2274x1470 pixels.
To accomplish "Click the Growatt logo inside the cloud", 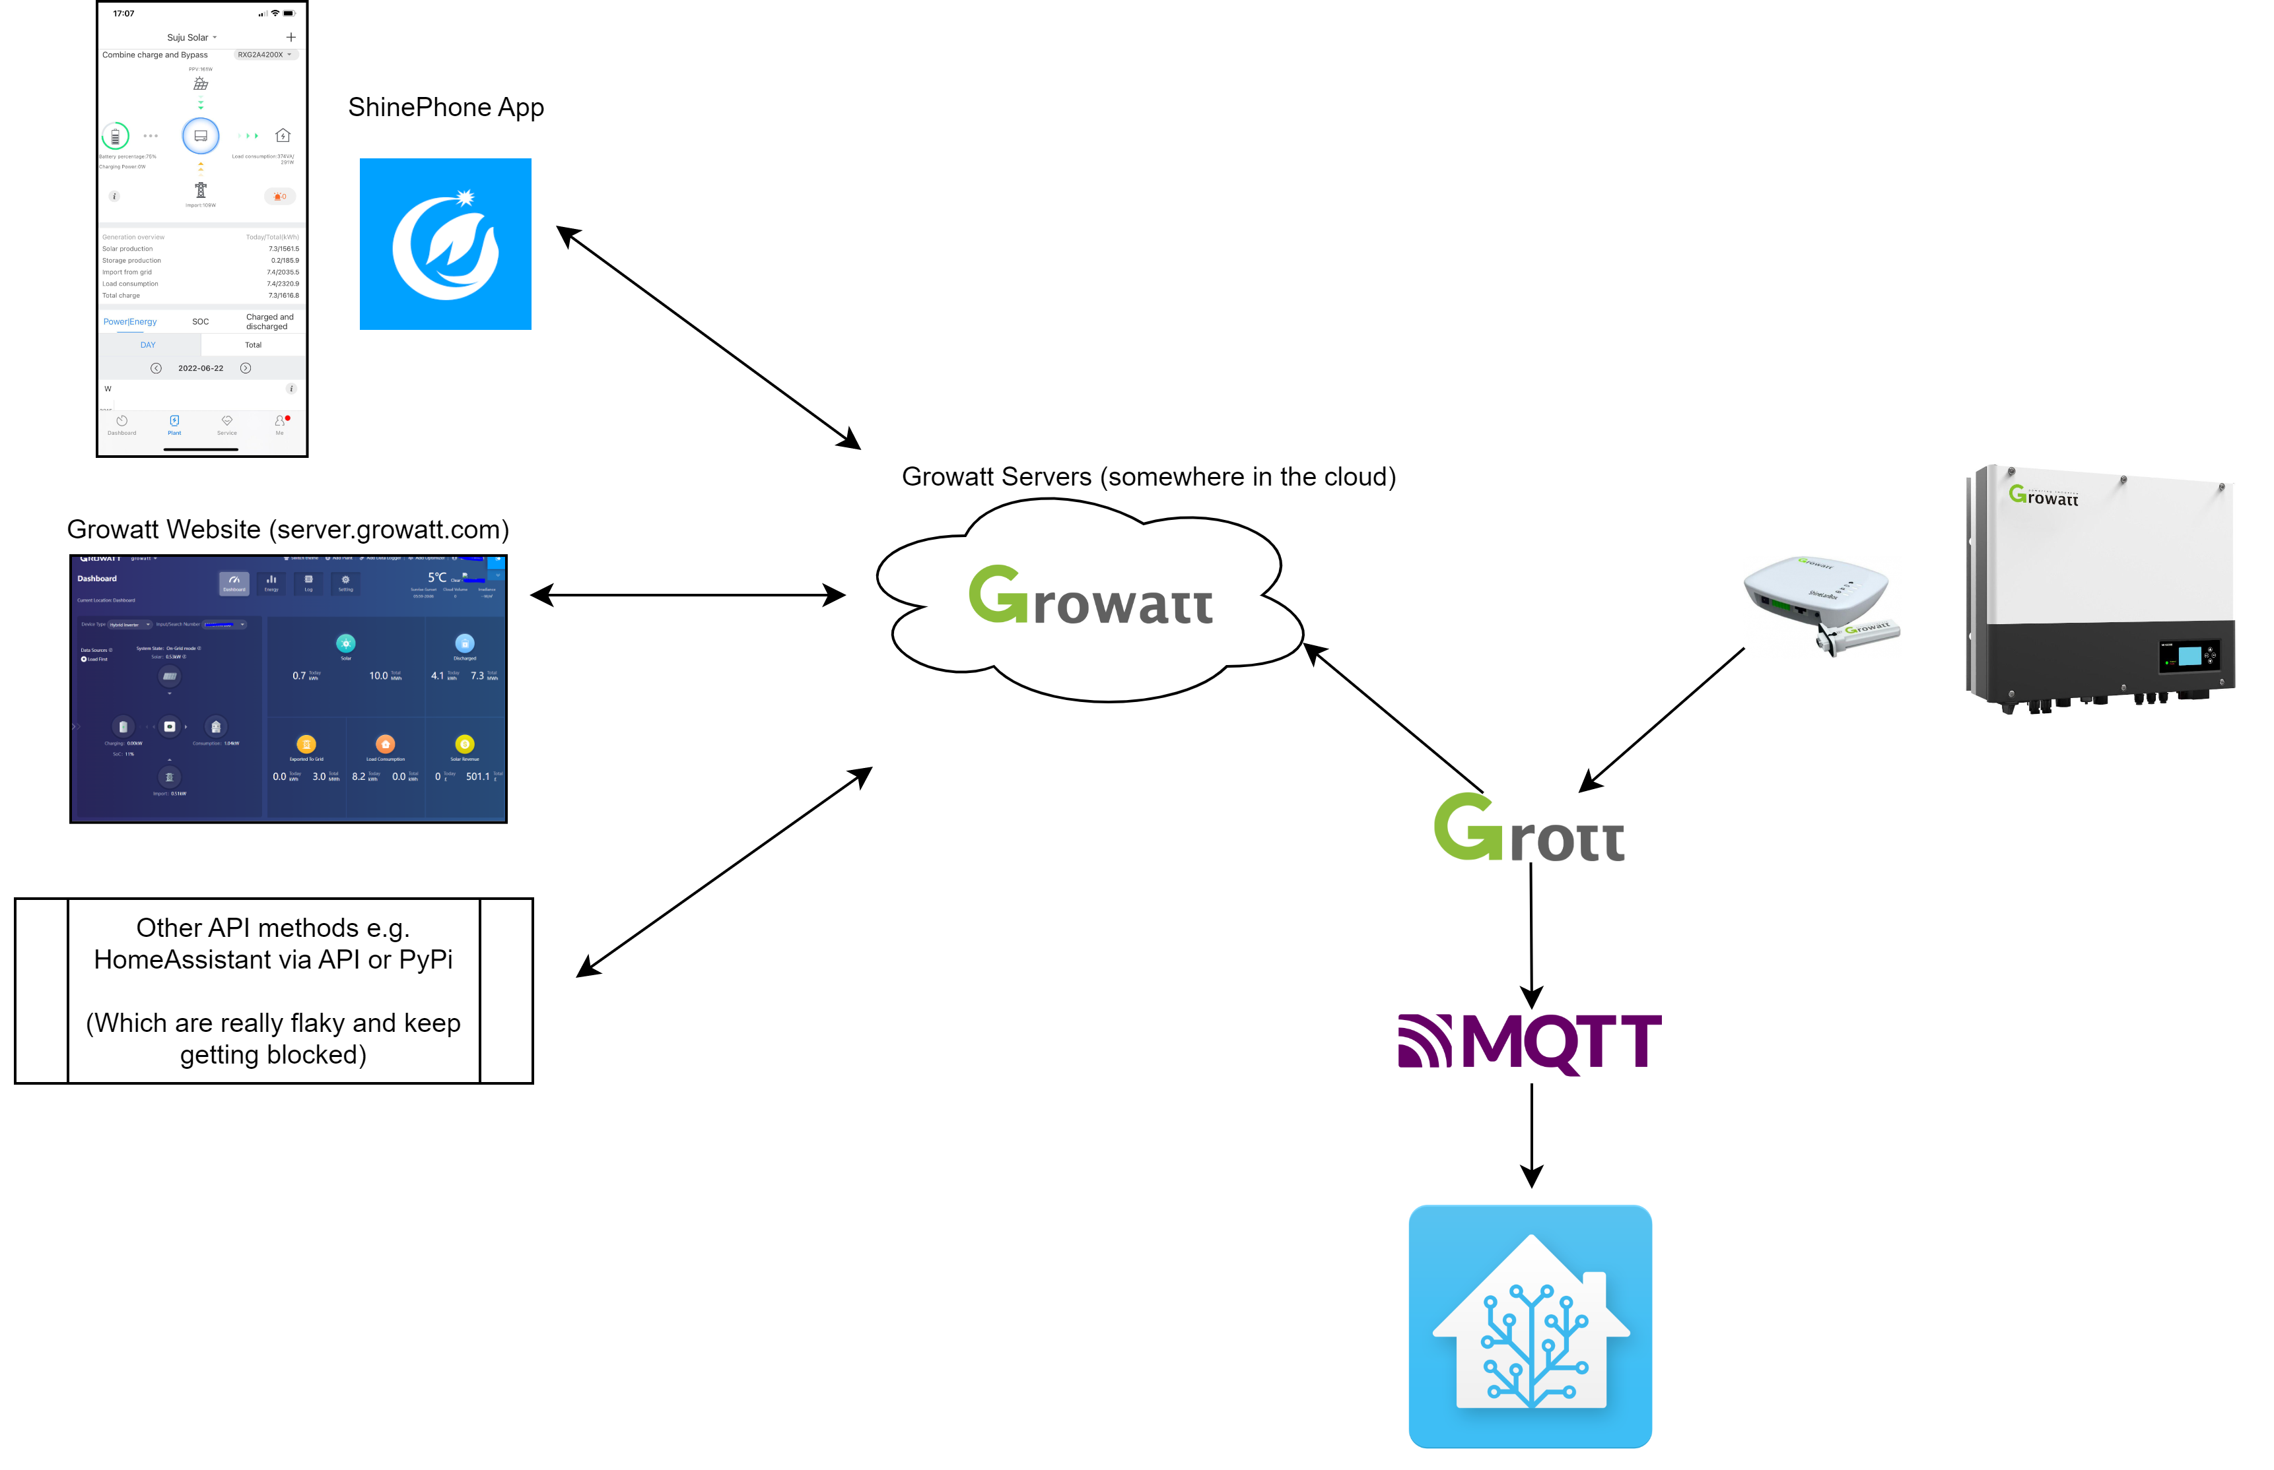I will pyautogui.click(x=1089, y=596).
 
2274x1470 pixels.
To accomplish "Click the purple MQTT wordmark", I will pyautogui.click(x=1561, y=1042).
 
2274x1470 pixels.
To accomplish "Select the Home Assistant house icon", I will pyautogui.click(x=1530, y=1326).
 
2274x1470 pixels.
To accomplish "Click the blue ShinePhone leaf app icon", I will pyautogui.click(x=445, y=244).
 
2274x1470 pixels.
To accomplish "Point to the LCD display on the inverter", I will pyautogui.click(x=2190, y=656).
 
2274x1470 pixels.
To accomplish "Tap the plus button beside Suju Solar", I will pyautogui.click(x=291, y=37).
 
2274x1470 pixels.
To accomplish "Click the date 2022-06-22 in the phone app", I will pyautogui.click(x=201, y=368).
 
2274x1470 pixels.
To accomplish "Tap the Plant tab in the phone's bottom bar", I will pyautogui.click(x=174, y=425).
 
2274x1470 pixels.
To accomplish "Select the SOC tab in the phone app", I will pyautogui.click(x=201, y=322).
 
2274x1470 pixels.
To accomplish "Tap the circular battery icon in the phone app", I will pyautogui.click(x=115, y=137).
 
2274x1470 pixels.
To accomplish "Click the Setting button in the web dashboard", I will pyautogui.click(x=346, y=583).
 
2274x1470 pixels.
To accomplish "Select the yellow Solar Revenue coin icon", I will pyautogui.click(x=465, y=744).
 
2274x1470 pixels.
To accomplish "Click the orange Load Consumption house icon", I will pyautogui.click(x=385, y=744).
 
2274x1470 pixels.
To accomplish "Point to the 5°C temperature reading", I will pyautogui.click(x=436, y=577).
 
